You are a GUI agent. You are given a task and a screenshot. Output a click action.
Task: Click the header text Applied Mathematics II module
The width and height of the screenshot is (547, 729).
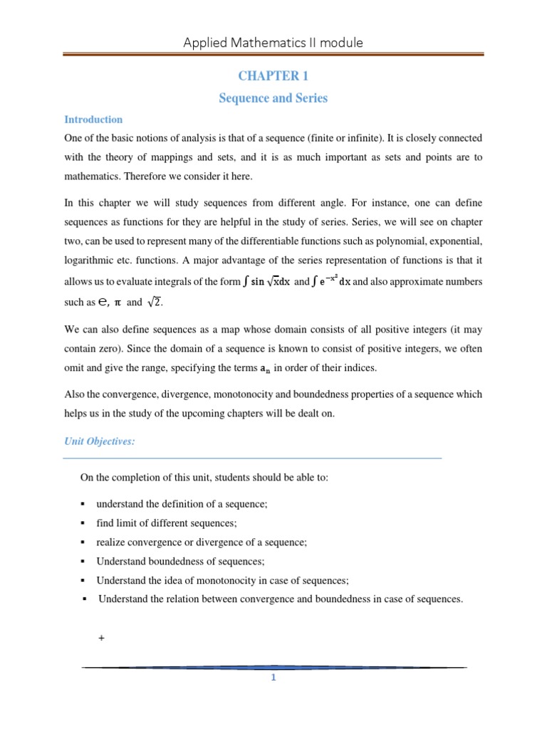pos(273,43)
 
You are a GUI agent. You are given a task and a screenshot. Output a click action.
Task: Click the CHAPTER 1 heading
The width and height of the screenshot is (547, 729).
pos(273,76)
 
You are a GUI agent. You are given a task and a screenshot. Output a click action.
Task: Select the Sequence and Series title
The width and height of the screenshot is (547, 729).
pos(273,98)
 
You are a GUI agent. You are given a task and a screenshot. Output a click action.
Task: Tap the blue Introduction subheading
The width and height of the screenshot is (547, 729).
pos(93,120)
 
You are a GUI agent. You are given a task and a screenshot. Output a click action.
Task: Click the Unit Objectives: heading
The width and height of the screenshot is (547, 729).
pos(100,441)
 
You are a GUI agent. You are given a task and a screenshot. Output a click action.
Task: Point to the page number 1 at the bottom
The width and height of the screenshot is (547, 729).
pos(273,677)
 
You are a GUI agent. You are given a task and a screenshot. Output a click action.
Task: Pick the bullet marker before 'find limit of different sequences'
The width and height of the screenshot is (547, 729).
pos(83,523)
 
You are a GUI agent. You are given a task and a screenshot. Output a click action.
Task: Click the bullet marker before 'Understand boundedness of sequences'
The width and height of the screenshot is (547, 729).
pos(83,561)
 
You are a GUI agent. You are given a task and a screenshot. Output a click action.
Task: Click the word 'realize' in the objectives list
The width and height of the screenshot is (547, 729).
pos(112,542)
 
